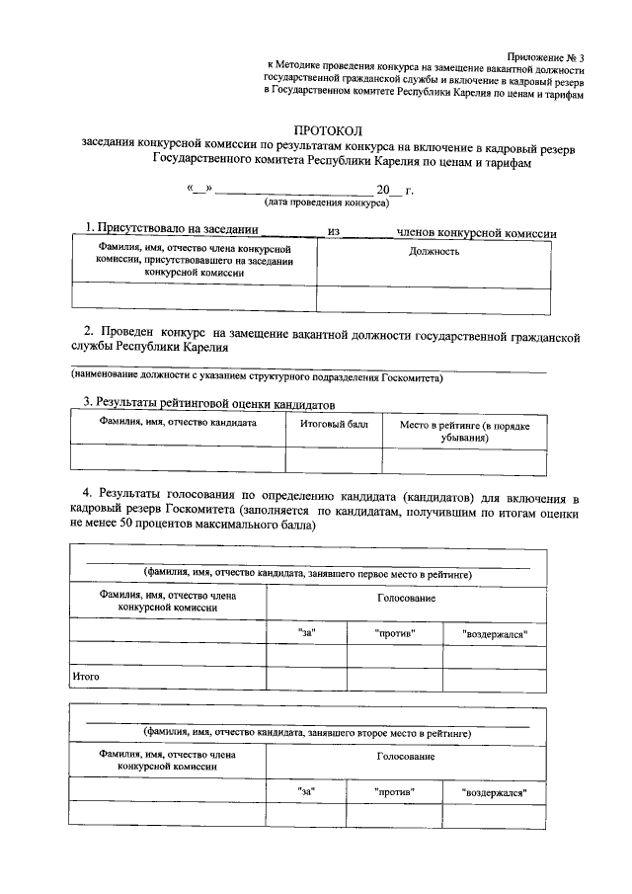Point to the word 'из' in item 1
tap(333, 232)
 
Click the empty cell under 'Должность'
tap(433, 297)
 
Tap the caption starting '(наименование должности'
tap(256, 377)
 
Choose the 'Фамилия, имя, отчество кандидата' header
tap(178, 422)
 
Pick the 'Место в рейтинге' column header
tap(464, 429)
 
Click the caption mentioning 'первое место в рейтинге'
tap(307, 573)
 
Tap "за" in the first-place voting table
tap(306, 631)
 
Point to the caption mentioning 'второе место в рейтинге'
tap(307, 733)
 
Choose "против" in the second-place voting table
tap(395, 791)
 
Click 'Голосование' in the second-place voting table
tap(405, 757)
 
